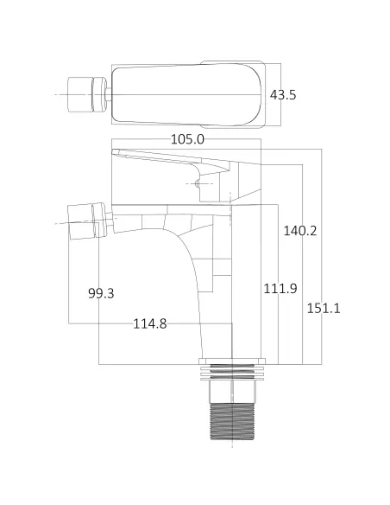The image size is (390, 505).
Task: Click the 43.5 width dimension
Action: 283,95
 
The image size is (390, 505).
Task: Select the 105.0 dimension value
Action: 187,138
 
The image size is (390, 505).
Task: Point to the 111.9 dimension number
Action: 280,288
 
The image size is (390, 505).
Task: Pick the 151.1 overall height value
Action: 324,308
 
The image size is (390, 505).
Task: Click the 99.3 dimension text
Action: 101,293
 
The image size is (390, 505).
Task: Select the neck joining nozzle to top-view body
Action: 108,93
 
